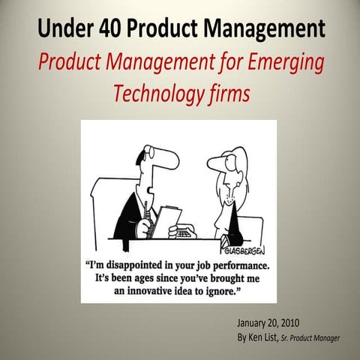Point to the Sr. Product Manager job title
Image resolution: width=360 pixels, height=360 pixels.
click(x=310, y=339)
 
